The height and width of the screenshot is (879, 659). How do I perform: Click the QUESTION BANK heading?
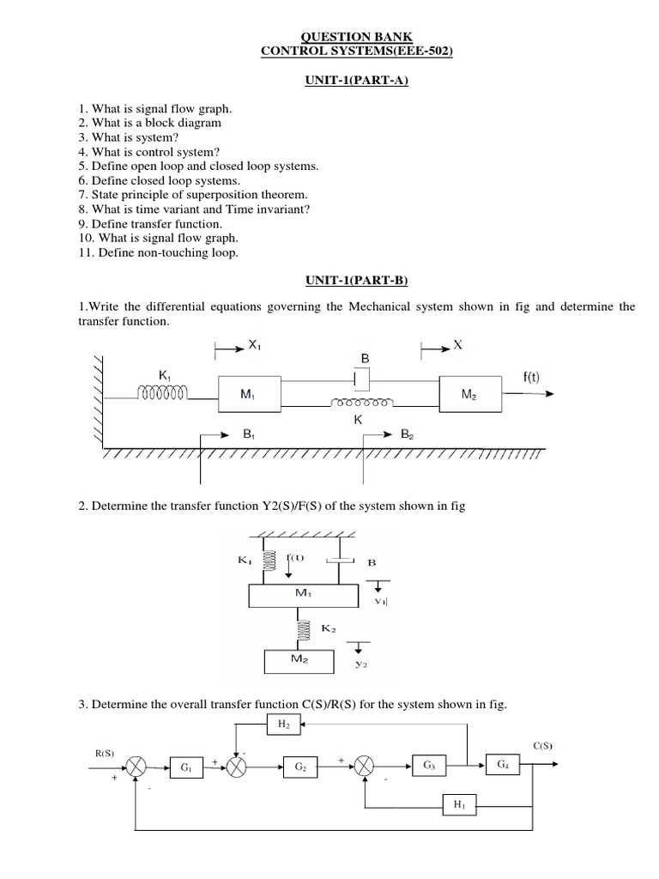356,37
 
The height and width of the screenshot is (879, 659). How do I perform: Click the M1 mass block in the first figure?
248,394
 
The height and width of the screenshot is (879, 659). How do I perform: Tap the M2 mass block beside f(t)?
468,394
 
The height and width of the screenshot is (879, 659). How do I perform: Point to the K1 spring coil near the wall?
163,393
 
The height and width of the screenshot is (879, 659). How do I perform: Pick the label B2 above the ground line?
408,435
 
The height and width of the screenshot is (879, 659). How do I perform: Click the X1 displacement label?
254,345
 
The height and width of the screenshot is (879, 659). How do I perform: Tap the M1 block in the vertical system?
299,594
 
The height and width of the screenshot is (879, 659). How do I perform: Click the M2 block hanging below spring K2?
299,660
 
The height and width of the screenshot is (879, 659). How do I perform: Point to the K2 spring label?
327,629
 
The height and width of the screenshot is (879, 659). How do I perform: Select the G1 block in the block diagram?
185,767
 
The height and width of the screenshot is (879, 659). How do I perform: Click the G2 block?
299,767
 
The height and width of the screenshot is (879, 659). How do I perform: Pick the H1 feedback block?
457,805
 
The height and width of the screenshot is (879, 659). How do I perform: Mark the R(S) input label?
104,753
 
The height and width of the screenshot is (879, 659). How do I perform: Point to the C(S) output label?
542,746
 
